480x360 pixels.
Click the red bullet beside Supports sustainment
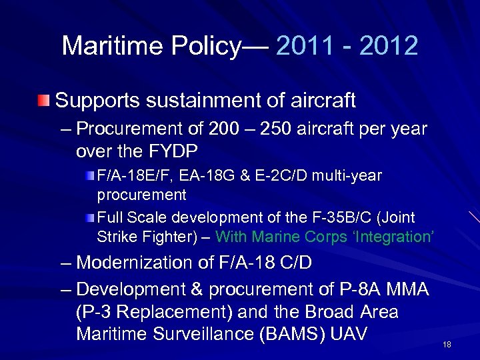pyautogui.click(x=43, y=101)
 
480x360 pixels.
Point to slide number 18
pyautogui.click(x=447, y=344)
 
